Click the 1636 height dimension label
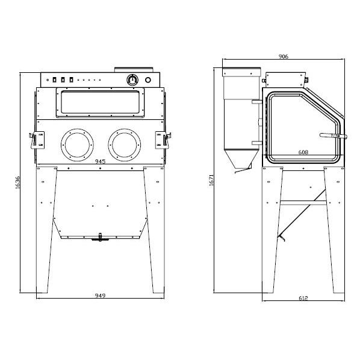coord(17,182)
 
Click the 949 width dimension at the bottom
coord(100,296)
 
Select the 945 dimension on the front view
coord(100,161)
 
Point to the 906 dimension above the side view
coord(284,56)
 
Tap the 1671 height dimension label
coord(211,180)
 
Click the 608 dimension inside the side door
coord(303,152)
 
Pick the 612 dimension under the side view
coord(303,298)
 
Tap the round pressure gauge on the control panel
coord(132,79)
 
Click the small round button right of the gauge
coord(148,80)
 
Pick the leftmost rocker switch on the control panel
coord(54,79)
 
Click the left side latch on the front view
coord(37,140)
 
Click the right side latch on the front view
coord(163,140)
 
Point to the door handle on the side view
coord(333,136)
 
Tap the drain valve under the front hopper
coord(100,237)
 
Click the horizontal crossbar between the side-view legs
coord(303,203)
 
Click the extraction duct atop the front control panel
coord(134,70)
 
